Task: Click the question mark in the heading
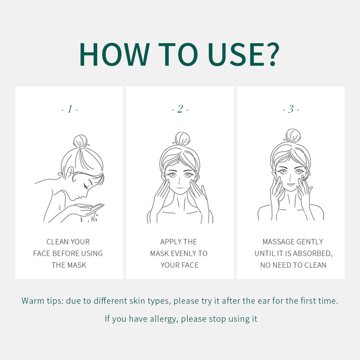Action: pyautogui.click(x=273, y=54)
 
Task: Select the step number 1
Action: pyautogui.click(x=70, y=109)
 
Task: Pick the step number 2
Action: pyautogui.click(x=180, y=109)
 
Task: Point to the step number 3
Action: pyautogui.click(x=291, y=109)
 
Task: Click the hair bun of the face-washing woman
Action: pyautogui.click(x=81, y=141)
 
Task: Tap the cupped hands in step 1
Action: pyautogui.click(x=85, y=210)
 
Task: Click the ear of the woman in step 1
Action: pyautogui.click(x=69, y=173)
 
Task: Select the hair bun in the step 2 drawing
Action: pyautogui.click(x=183, y=138)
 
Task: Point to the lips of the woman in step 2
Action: pyautogui.click(x=180, y=188)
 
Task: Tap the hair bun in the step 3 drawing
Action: pyautogui.click(x=293, y=135)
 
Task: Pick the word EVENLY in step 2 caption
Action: pyautogui.click(x=184, y=253)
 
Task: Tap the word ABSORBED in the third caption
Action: pyautogui.click(x=312, y=253)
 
